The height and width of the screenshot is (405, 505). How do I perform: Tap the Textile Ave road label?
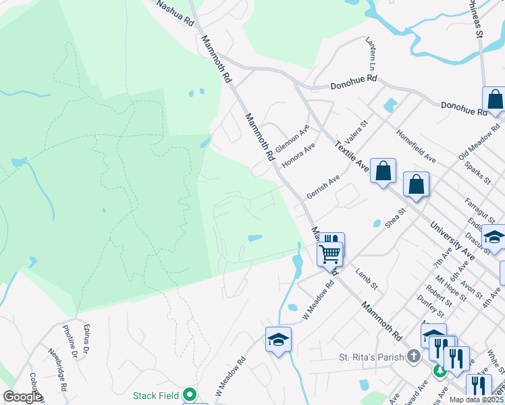(351, 157)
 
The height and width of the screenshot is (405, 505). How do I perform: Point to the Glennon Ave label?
(292, 138)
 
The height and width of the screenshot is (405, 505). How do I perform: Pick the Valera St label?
(355, 133)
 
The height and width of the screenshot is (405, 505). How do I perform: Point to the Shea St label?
(394, 217)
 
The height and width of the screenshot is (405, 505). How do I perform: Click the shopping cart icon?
(330, 254)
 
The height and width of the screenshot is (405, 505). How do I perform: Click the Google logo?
(22, 397)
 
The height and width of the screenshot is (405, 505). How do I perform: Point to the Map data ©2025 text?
(476, 400)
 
